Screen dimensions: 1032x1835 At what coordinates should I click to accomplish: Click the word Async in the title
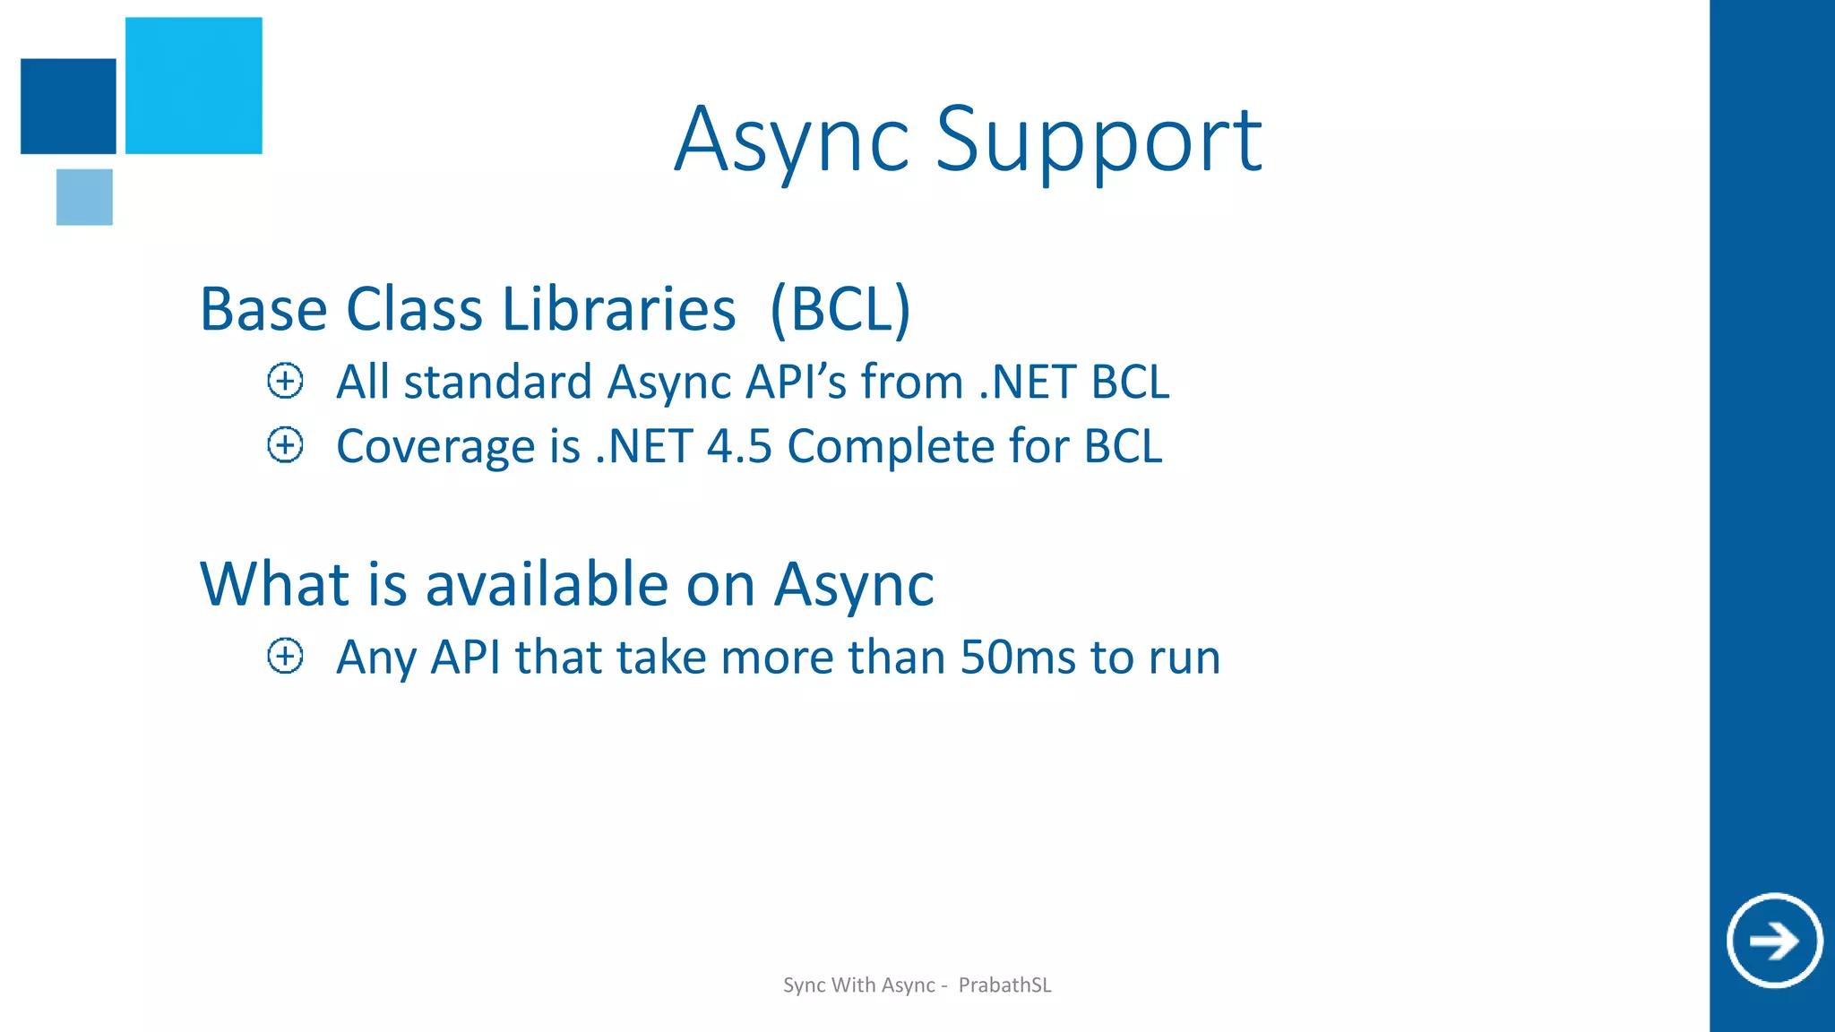(791, 140)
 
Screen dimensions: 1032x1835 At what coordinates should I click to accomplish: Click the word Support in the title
(1098, 140)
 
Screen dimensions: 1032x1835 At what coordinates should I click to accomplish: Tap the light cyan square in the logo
(194, 85)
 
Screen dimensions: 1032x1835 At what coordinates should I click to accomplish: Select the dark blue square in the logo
(68, 106)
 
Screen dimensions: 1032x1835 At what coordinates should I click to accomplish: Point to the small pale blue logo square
(84, 197)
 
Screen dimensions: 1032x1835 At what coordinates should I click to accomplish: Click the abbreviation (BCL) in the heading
(840, 309)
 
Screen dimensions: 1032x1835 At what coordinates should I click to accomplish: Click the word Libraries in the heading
(618, 309)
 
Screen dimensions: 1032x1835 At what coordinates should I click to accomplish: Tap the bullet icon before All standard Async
(285, 382)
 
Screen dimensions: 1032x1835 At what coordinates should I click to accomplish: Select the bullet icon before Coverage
(285, 445)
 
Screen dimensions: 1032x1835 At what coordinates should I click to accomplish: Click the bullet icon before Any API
(285, 657)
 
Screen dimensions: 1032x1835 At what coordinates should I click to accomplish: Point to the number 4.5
(739, 446)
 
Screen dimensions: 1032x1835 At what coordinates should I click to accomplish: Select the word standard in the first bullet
(497, 383)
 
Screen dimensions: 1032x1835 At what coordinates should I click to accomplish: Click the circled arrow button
(1774, 941)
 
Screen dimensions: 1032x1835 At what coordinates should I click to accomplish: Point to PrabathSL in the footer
(1004, 985)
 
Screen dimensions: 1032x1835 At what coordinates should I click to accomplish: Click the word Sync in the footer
(804, 985)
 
